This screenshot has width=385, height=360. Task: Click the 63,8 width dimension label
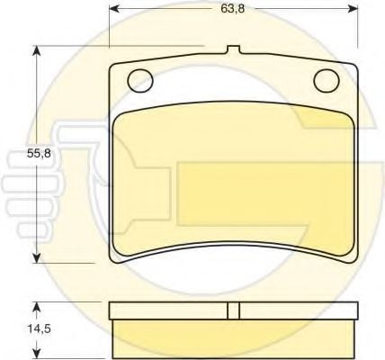(233, 9)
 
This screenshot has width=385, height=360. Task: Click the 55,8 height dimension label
(39, 153)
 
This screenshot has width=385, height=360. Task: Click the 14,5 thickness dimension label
(40, 328)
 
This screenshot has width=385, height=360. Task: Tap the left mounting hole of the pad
(140, 81)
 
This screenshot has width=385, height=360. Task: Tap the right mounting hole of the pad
(327, 81)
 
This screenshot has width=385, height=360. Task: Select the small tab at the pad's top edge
(233, 49)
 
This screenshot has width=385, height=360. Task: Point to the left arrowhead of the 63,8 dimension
(114, 9)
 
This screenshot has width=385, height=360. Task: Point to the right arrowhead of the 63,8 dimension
(353, 9)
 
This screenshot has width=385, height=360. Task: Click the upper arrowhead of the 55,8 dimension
(36, 50)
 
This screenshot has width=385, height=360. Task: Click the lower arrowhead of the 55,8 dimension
(36, 258)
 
